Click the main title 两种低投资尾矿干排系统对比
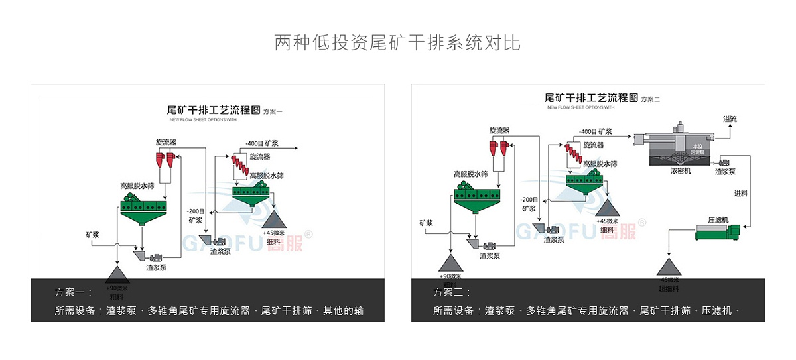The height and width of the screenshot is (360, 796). pos(397,43)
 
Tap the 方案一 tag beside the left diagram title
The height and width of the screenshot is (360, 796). pos(273,112)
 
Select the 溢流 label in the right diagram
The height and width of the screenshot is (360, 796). pos(730,119)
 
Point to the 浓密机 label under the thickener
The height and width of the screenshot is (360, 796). pos(681,171)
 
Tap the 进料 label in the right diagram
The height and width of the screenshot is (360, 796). pos(741,194)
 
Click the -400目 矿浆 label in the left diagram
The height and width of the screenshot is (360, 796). pos(261,143)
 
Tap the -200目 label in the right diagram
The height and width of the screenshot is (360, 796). pos(529,199)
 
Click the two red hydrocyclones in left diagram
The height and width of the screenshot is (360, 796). pos(165,158)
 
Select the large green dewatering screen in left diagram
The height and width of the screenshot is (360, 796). pos(141,210)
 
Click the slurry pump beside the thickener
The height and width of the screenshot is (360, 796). pos(722,162)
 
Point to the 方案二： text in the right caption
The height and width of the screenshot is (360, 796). pos(452,292)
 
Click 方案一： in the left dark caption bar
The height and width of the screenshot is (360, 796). pos(72,292)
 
